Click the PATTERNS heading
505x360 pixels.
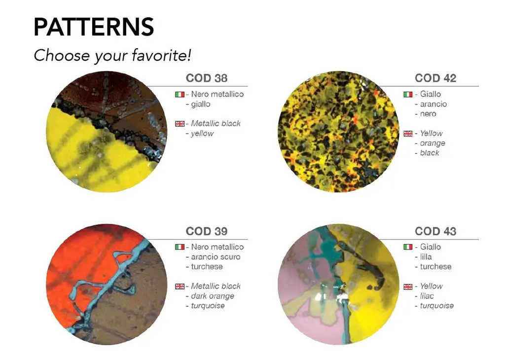(94, 27)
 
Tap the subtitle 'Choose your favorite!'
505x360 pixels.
(112, 55)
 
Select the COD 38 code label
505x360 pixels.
(207, 78)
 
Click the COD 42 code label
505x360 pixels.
(435, 78)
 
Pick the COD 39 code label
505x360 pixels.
(207, 231)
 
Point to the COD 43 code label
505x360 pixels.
(435, 231)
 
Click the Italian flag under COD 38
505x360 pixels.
(180, 94)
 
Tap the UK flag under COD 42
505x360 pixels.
(408, 133)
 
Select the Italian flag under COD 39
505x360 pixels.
(180, 247)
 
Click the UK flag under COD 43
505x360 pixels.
(408, 286)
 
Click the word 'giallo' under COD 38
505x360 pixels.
(201, 105)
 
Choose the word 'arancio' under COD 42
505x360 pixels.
(433, 104)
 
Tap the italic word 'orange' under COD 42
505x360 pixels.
(433, 144)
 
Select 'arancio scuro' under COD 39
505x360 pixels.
(216, 257)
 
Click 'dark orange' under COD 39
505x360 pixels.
(213, 296)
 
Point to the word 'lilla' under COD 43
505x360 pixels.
(426, 256)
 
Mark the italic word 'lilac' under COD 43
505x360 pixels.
(427, 296)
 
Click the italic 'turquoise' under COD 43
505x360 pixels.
(437, 306)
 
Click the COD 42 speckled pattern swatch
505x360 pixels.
(338, 132)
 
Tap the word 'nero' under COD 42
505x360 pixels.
(428, 114)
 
